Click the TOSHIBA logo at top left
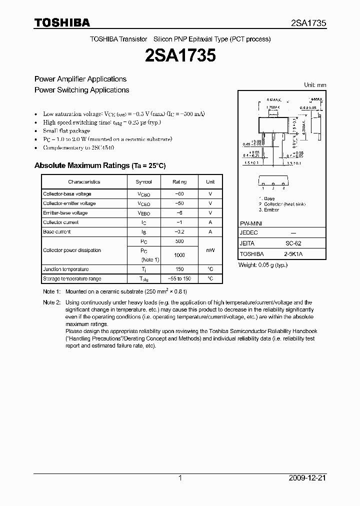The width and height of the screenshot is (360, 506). (62, 23)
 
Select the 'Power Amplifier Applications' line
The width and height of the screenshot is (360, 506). (80, 79)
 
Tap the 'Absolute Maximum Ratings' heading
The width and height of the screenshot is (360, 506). (99, 165)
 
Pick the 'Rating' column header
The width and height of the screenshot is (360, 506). (179, 182)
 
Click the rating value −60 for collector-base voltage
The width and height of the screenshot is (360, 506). (179, 194)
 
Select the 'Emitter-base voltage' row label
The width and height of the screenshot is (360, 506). (65, 213)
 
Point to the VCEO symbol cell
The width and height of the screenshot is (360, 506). (143, 203)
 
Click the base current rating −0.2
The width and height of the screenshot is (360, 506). (179, 232)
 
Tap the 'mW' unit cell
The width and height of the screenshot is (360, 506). (210, 250)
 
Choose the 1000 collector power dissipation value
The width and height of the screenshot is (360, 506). (179, 255)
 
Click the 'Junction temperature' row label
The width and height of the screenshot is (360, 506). (66, 269)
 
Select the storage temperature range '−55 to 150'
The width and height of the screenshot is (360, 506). (179, 278)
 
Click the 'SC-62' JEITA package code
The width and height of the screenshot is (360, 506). (293, 243)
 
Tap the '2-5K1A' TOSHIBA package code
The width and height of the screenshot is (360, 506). (293, 253)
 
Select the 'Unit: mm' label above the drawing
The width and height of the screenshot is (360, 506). (315, 85)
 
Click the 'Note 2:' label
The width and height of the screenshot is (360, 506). (51, 302)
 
